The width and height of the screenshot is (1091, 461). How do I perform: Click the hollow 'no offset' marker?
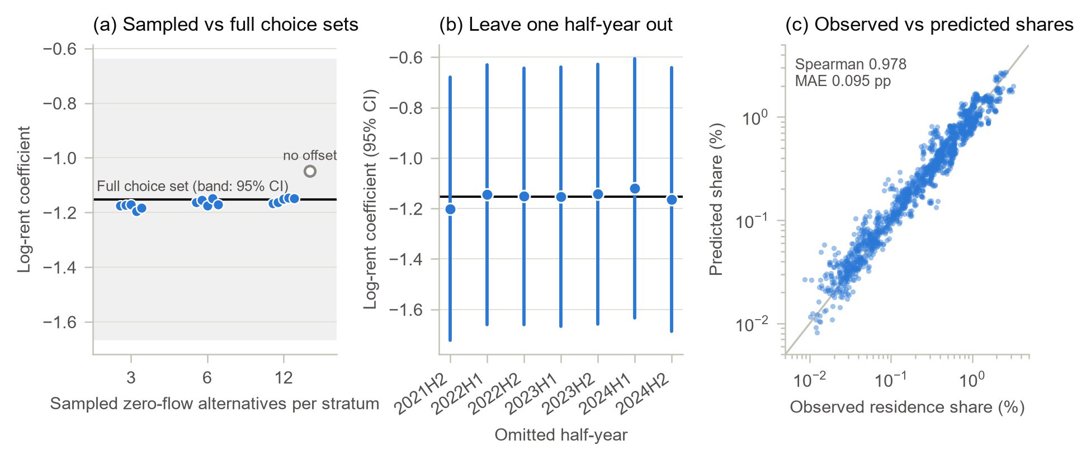(x=310, y=171)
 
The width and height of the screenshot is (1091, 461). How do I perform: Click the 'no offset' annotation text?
(x=310, y=155)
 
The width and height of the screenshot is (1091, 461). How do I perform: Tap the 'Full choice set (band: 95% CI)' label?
(x=193, y=186)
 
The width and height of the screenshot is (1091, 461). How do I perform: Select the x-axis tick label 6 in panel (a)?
(x=207, y=378)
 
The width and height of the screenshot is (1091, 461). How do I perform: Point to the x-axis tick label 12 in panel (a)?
(x=284, y=378)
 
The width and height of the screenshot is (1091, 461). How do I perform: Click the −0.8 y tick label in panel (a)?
(x=60, y=103)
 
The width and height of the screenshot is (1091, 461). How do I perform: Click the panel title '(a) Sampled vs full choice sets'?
(x=225, y=25)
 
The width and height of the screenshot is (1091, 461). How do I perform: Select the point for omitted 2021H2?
(x=450, y=209)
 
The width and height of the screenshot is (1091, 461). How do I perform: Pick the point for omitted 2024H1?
(x=635, y=189)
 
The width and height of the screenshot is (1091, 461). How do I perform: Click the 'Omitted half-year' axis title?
(x=561, y=435)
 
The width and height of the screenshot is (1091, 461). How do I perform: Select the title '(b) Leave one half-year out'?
(x=556, y=25)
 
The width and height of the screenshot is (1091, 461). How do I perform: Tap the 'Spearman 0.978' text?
(x=851, y=64)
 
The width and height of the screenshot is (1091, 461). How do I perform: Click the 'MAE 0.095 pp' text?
(x=843, y=81)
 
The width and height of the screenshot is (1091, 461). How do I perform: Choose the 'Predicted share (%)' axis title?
(x=716, y=199)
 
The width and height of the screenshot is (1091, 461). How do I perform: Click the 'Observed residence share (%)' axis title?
(x=907, y=407)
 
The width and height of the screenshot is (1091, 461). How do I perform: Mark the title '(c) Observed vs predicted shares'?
(x=929, y=25)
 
